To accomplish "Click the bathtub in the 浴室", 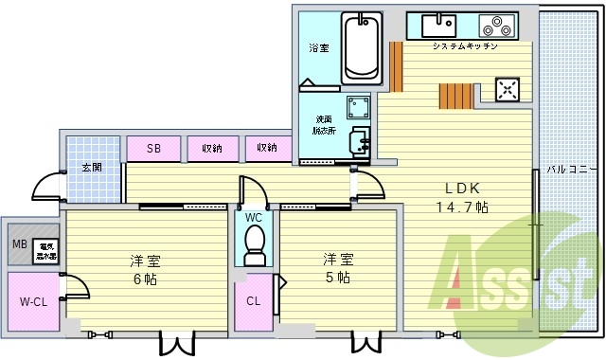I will [362, 47].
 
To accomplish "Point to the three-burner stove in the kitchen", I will [495, 26].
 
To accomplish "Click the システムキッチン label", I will [465, 46].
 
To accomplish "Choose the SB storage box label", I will [152, 148].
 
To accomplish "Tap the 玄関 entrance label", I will [91, 168].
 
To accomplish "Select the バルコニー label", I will [568, 171].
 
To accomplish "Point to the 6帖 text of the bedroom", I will [144, 278].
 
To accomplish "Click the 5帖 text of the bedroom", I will [336, 278].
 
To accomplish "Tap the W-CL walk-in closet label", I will [33, 304].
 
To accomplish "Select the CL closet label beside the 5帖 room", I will [253, 302].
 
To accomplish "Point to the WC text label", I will [253, 217].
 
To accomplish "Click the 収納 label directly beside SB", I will [211, 148].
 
